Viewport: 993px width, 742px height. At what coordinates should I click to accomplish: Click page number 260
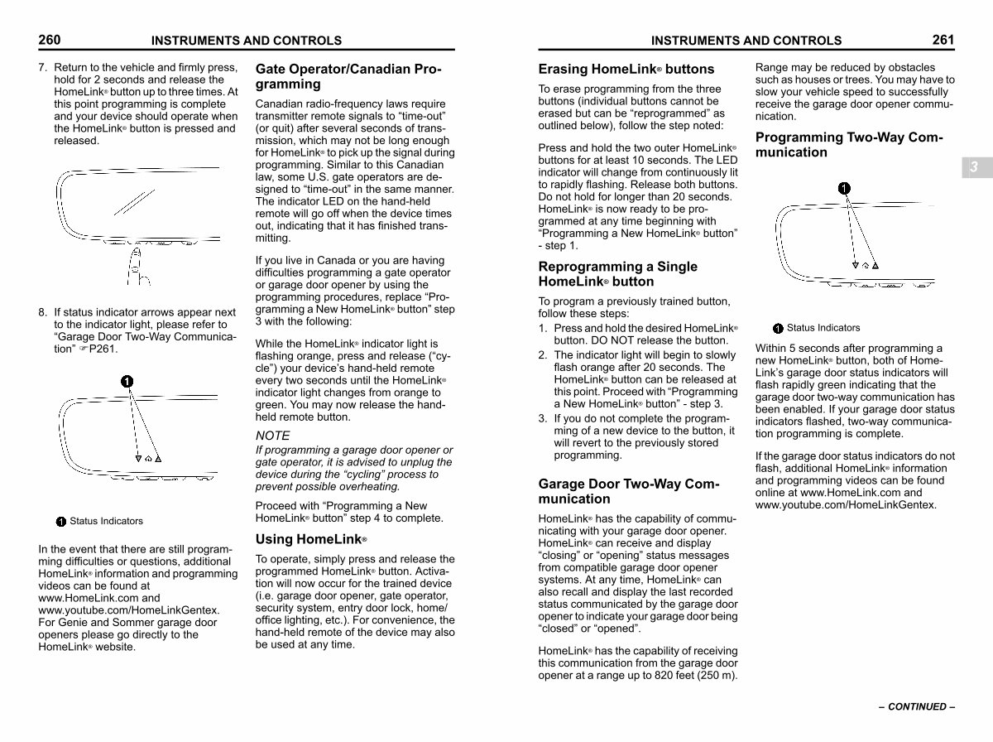coord(49,40)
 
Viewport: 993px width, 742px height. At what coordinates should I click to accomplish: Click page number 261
coord(943,40)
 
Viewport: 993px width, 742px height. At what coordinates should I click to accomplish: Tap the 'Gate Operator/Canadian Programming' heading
coord(348,76)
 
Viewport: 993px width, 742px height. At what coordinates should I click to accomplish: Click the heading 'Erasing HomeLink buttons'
coord(626,69)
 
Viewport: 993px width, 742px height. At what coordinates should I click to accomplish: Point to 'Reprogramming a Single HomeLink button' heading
coord(618,274)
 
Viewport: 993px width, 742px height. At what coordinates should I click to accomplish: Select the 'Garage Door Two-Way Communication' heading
coord(629,491)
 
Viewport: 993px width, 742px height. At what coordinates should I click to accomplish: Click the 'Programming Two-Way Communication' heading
coord(849,145)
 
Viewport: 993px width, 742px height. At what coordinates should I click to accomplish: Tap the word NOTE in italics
coord(273,436)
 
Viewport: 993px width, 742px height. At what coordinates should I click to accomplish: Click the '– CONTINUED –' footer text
coord(917,706)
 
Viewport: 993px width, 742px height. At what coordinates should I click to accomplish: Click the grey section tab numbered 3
coord(974,167)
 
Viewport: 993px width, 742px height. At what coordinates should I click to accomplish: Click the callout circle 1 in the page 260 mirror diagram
coord(126,381)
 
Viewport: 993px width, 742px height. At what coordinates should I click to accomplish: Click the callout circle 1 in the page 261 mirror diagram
coord(843,188)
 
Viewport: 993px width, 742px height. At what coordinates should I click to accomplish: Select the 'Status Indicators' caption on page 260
coord(106,521)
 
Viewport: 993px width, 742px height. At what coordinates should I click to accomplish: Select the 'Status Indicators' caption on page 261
coord(823,328)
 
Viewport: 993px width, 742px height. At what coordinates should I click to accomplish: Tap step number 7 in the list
coord(42,68)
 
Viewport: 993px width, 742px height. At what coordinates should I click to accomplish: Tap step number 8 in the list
coord(42,312)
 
